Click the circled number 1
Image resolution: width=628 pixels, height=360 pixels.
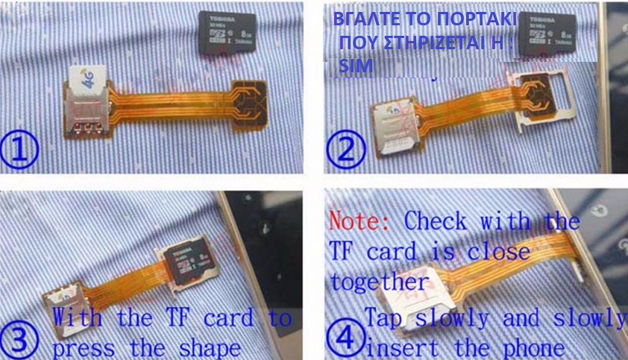24,150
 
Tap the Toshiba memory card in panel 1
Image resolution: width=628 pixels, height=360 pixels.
227,33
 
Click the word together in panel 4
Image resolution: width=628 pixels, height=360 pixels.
380,282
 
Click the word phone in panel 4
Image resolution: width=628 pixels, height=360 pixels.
533,347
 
